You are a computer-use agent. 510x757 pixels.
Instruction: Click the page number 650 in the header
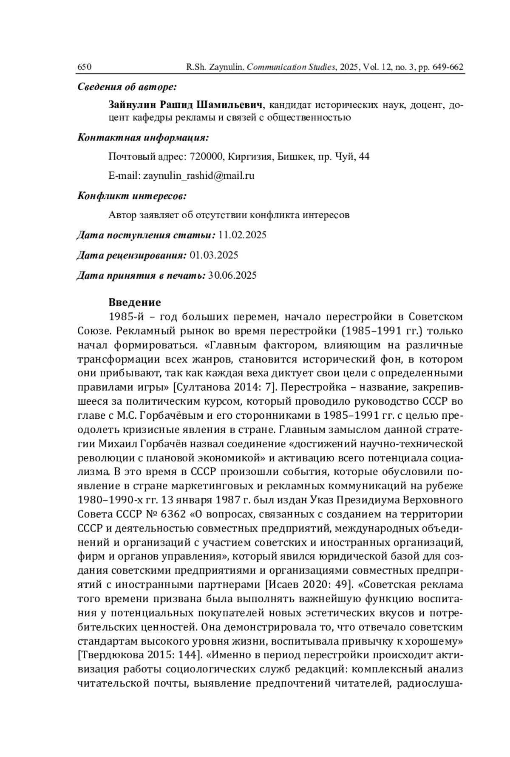pos(85,67)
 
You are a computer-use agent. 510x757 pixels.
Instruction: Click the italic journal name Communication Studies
pos(291,67)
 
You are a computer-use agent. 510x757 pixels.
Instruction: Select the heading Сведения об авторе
pos(127,87)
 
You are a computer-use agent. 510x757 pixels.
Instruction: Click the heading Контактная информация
pos(143,138)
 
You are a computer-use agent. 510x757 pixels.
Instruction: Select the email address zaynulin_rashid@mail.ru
pos(199,176)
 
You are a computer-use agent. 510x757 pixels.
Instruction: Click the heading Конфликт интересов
pos(132,196)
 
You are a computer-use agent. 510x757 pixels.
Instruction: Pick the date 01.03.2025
pos(214,255)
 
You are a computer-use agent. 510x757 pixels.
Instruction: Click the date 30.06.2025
pos(232,276)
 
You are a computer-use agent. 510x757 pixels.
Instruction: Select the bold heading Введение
pos(135,303)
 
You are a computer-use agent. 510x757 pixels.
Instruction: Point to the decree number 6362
pos(173,514)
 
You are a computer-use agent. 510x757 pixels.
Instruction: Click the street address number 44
pos(364,157)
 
